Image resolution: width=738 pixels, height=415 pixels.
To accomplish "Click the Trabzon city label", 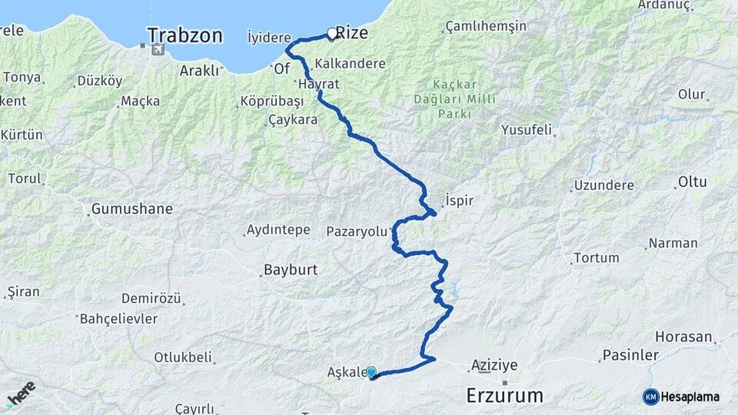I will coord(184,35).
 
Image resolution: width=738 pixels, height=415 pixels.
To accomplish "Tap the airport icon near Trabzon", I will coord(158,50).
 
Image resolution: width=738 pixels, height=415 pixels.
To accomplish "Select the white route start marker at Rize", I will coord(332,34).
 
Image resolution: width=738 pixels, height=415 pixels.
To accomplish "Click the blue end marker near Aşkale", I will coord(371,373).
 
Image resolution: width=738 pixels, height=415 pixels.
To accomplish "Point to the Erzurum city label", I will coord(504,396).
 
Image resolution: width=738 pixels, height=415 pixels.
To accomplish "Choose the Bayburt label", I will coord(291,270).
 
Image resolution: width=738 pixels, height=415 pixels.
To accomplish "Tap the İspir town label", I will coord(459,201).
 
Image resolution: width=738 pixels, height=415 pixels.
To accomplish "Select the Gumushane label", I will coord(132,209).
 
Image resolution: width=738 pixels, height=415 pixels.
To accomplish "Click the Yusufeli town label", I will coord(527,130).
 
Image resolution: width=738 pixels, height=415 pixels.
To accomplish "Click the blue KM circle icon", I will coord(651,397).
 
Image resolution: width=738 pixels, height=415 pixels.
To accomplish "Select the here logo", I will coord(21,394).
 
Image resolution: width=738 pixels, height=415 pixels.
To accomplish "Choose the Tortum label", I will coord(596,258).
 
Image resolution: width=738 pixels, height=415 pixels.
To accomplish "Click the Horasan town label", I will coord(683,337).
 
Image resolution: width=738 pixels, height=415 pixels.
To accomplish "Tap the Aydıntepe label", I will coord(278,230).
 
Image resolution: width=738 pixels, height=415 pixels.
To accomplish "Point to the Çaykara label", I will coord(292,120).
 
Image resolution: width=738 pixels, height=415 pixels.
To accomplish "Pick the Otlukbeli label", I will coord(183,357).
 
